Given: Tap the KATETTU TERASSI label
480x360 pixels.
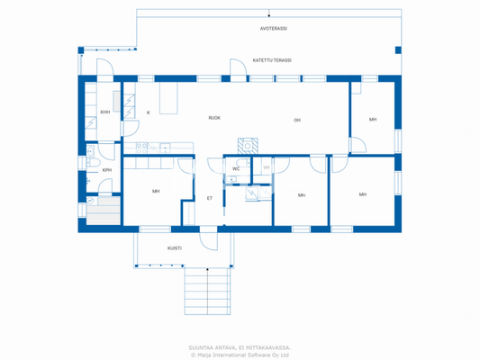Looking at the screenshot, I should (x=271, y=60).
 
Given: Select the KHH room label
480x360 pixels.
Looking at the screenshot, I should (x=105, y=112).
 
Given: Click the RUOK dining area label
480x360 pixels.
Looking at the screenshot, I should (x=214, y=118).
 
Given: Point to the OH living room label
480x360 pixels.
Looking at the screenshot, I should (x=297, y=120).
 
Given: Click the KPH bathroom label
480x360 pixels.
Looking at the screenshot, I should (x=106, y=170).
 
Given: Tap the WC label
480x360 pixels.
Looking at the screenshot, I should (x=236, y=168).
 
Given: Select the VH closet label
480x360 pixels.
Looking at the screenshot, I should (x=266, y=167).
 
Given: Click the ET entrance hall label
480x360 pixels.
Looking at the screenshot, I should (x=210, y=198).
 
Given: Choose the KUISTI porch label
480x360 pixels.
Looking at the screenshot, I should (x=175, y=247).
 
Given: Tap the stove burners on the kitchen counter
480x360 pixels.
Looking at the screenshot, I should (x=140, y=146).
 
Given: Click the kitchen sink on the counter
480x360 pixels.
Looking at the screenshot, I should (x=165, y=147).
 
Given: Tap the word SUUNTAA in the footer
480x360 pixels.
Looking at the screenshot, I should (x=203, y=346).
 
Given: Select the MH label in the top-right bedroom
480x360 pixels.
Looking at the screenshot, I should (x=372, y=120).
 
